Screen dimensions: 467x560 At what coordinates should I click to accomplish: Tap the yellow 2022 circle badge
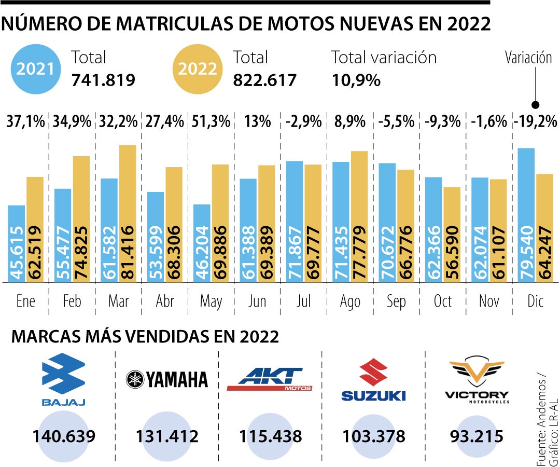point(197,68)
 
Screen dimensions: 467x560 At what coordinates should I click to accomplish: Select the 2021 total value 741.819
point(103,80)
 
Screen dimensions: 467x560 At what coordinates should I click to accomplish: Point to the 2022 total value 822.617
point(264,80)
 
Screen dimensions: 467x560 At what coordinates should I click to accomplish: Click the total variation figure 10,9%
point(356,80)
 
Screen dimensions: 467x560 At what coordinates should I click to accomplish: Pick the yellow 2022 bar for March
point(128,214)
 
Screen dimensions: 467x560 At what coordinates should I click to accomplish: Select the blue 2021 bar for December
point(526,215)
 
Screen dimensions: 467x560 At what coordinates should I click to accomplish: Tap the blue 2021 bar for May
point(202,243)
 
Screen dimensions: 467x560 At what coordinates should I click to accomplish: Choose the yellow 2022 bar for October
point(452,235)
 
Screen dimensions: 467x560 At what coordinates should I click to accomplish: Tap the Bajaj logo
point(63,379)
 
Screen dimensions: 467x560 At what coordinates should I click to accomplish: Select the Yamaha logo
point(166,380)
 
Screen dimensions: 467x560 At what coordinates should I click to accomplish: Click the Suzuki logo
point(373,381)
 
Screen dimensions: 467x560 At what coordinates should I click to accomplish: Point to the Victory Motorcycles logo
point(477,380)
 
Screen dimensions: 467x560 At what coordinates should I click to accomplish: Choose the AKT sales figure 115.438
point(270,436)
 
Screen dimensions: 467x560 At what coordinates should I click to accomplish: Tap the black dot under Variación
point(536,104)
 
